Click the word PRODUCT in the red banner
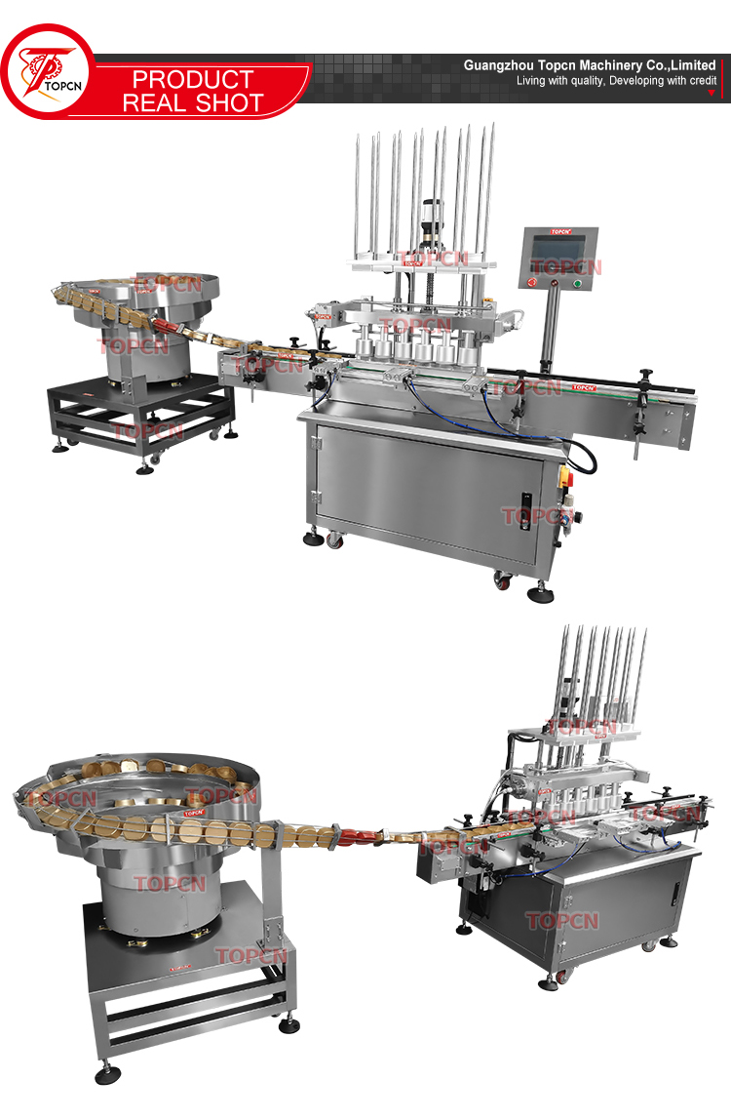point(192,79)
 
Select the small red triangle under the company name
point(711,93)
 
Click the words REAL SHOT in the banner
point(192,102)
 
